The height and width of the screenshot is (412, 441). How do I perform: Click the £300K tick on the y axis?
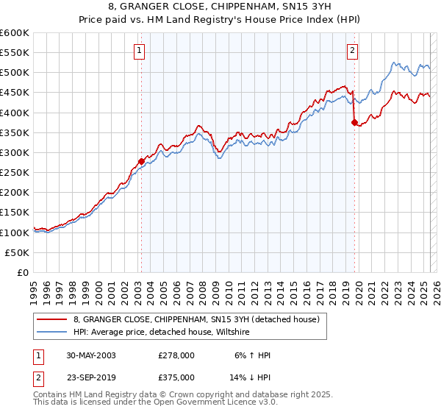pos(15,152)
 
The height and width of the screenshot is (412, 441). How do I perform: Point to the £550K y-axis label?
pos(15,53)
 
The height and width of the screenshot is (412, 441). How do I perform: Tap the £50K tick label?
pos(17,252)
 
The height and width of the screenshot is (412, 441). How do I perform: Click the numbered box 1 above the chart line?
pos(139,51)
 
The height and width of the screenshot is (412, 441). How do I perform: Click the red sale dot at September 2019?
pos(354,123)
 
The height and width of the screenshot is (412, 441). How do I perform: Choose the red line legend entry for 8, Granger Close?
pos(196,319)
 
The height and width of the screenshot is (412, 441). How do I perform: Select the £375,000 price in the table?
pos(176,377)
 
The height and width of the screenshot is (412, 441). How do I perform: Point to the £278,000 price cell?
pos(176,355)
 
